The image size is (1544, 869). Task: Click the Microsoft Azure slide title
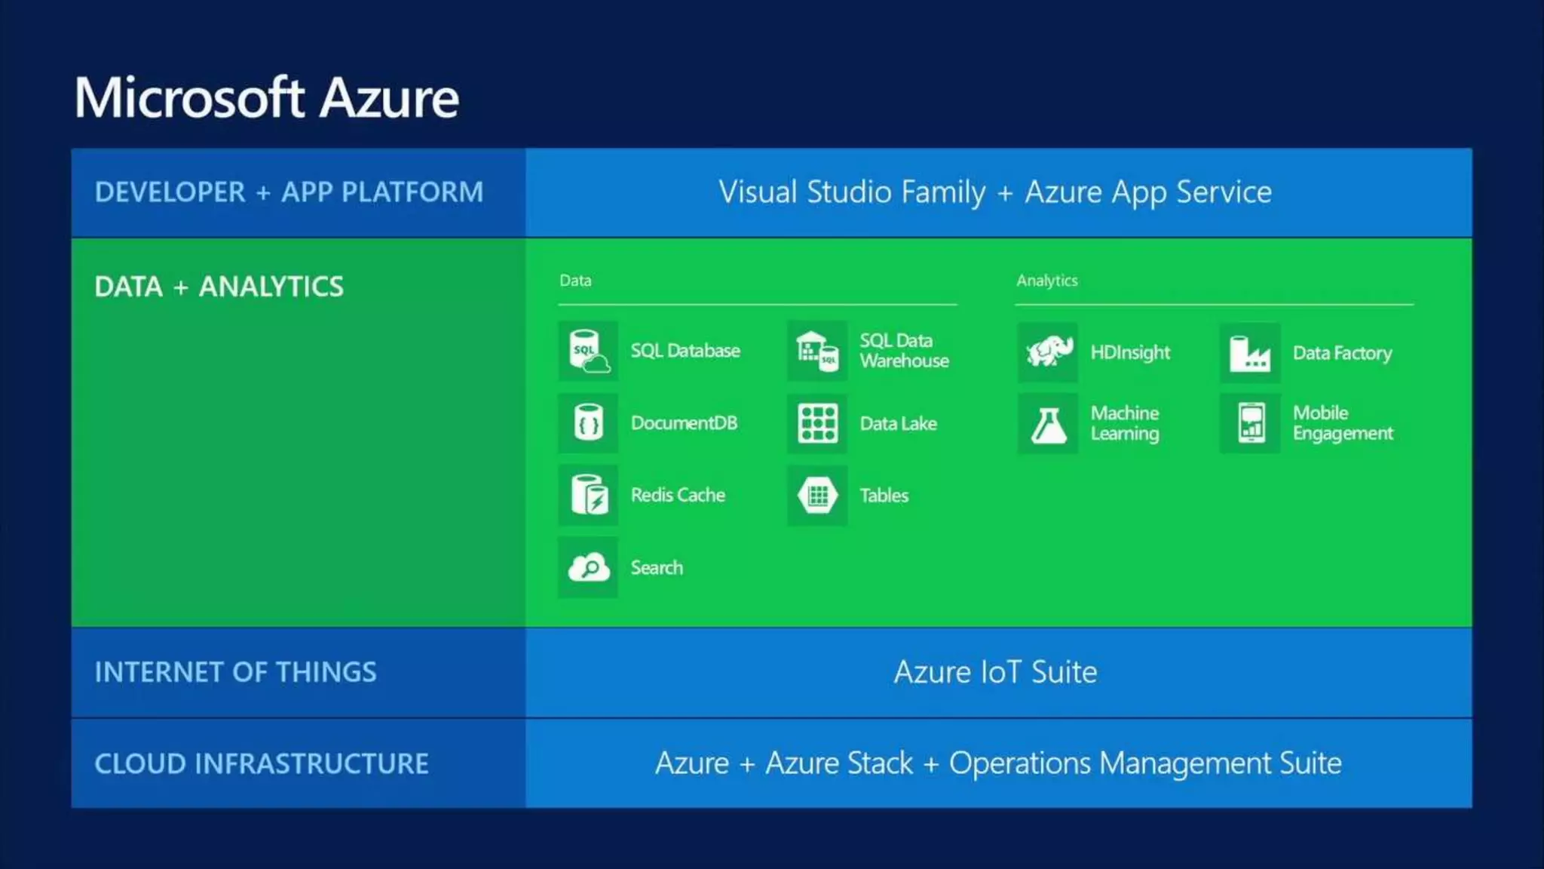tap(266, 98)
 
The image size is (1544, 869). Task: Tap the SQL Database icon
tap(588, 351)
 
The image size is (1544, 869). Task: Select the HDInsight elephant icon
tap(1048, 352)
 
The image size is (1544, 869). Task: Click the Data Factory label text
tap(1342, 353)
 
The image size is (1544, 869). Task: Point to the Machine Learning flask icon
tap(1048, 424)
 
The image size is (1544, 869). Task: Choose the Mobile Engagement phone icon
tap(1251, 423)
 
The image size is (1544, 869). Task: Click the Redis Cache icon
tap(588, 495)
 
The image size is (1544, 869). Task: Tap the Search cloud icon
tap(588, 567)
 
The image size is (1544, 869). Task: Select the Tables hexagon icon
tap(817, 496)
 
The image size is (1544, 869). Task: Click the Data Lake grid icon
tap(817, 423)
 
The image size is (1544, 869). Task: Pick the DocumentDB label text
tap(684, 423)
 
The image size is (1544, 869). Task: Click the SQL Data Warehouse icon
tap(817, 351)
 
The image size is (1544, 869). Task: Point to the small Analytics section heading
tap(1046, 281)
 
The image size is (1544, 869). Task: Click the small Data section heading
tap(575, 281)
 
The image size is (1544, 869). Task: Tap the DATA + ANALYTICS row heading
tap(219, 287)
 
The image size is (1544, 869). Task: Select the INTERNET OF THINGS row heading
tap(235, 672)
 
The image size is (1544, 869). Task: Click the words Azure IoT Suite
tap(995, 672)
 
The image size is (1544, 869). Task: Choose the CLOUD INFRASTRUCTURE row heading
tap(261, 763)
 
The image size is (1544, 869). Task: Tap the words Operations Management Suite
tap(1144, 763)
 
